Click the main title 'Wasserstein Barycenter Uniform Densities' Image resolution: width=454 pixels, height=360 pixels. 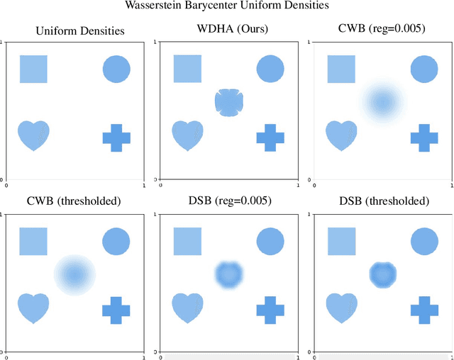click(226, 7)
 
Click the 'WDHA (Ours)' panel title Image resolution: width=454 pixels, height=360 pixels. click(228, 30)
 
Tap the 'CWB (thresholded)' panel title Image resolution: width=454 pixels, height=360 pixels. click(74, 201)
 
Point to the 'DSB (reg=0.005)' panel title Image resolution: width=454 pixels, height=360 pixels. click(228, 201)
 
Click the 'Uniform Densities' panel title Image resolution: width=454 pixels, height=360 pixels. click(74, 30)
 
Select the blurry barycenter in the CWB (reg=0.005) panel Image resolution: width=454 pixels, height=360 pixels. click(382, 103)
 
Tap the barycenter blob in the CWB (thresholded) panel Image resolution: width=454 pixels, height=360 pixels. click(74, 274)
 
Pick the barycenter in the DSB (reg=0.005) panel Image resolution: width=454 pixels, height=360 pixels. click(228, 274)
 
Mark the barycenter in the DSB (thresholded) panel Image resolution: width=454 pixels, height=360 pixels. click(382, 274)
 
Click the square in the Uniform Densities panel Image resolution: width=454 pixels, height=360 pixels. click(33, 69)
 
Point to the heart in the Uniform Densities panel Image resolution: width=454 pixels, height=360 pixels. click(33, 135)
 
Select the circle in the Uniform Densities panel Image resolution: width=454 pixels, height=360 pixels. click(116, 69)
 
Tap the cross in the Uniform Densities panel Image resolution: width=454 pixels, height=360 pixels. click(116, 137)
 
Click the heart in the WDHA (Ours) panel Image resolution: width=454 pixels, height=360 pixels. click(187, 135)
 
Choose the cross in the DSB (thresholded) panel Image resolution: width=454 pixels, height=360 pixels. click(424, 310)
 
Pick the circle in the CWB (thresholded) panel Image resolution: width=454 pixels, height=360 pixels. click(116, 241)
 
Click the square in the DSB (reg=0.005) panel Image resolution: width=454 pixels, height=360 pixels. click(187, 241)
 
